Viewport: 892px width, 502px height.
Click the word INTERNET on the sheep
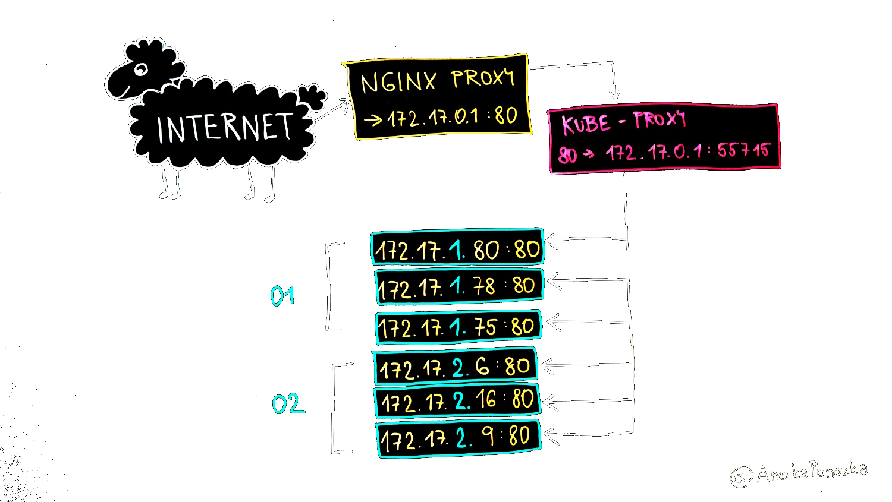pos(224,128)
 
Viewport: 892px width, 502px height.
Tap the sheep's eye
pos(141,70)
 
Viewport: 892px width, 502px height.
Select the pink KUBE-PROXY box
pos(664,139)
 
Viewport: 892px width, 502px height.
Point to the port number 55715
pos(743,150)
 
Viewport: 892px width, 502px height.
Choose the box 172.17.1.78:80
pos(459,287)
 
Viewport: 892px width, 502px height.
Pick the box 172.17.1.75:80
pos(458,327)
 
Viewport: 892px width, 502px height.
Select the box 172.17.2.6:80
pos(456,367)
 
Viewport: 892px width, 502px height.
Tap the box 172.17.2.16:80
pos(457,401)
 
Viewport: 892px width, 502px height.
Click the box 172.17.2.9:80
pos(458,438)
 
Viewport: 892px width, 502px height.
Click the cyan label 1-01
pos(271,296)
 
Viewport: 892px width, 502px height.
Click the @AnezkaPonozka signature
pos(799,473)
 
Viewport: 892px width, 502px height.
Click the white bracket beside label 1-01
pos(331,286)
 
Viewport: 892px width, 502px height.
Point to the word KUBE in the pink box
pos(586,124)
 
